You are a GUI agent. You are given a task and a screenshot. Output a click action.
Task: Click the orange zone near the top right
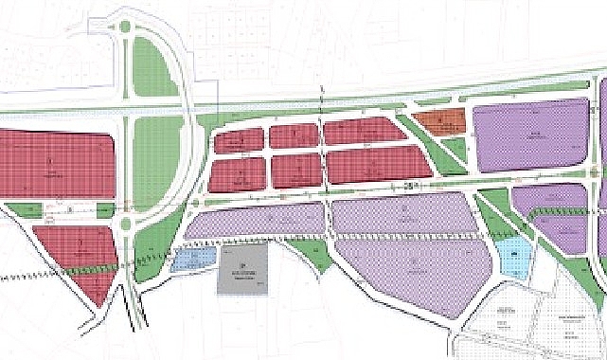[x=440, y=122]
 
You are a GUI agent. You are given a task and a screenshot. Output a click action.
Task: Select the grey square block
[x=242, y=270]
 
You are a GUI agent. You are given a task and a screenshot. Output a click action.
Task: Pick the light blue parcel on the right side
[x=513, y=257]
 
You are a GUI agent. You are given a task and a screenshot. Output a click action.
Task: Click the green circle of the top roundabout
[x=125, y=27]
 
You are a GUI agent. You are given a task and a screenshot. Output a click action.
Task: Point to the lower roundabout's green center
[x=124, y=224]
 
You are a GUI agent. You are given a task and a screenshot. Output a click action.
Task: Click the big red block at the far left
[x=57, y=165]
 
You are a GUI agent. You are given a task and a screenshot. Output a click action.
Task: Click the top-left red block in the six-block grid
[x=236, y=140]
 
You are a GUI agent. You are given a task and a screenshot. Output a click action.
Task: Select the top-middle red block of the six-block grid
[x=292, y=135]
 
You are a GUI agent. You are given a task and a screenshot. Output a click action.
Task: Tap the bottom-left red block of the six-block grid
[x=236, y=172]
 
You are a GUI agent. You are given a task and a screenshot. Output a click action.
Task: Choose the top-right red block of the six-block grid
[x=365, y=132]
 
